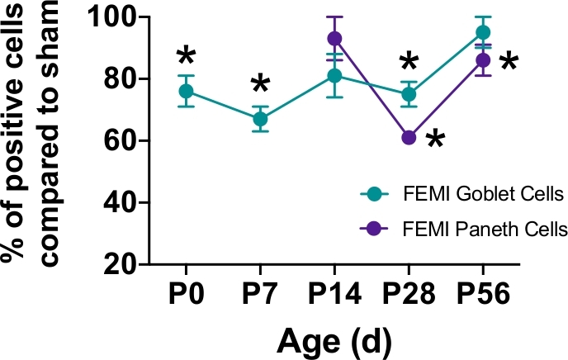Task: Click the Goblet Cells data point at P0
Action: pos(186,91)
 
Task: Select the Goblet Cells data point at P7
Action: pos(260,119)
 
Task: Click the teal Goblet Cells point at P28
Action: pos(408,94)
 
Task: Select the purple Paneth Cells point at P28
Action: pos(408,137)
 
